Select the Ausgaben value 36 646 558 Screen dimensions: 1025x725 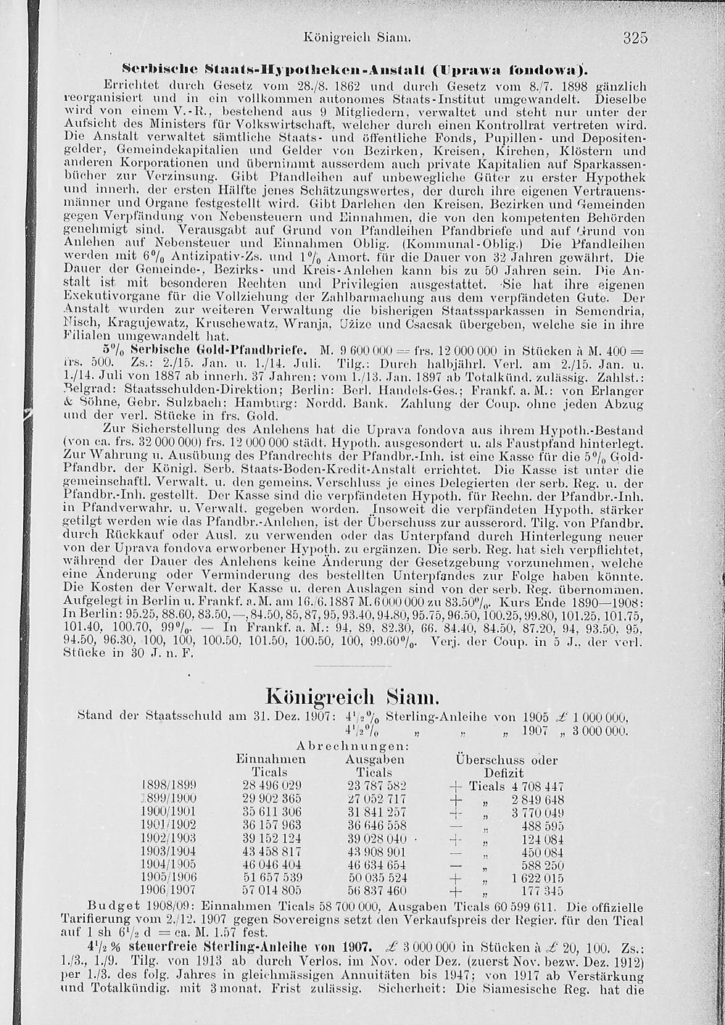click(376, 825)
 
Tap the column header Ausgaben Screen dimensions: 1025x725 click(375, 760)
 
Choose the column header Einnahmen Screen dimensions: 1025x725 click(270, 760)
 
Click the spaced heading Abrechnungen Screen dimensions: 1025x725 click(353, 746)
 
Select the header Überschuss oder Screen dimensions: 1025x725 click(506, 760)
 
